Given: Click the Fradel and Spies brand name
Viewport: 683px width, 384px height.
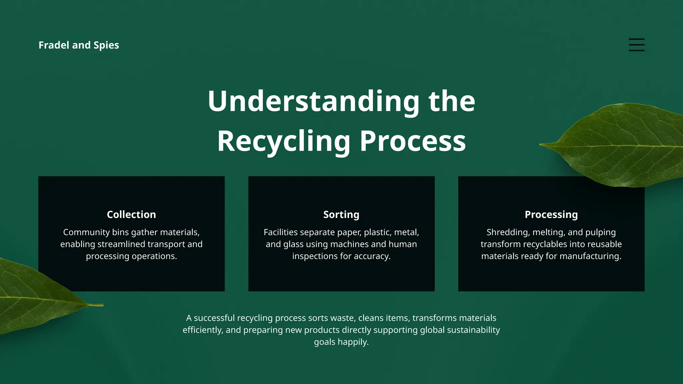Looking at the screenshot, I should (x=79, y=45).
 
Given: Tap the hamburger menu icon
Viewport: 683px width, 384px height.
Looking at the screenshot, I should (x=636, y=45).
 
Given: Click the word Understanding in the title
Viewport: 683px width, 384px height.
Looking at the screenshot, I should (x=313, y=101).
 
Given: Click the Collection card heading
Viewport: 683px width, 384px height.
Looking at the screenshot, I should (x=131, y=214).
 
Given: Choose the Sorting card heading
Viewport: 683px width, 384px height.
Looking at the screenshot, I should (x=341, y=214).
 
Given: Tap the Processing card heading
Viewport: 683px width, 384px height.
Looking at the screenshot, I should (x=551, y=214).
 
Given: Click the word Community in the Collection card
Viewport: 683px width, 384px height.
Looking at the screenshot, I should (x=86, y=232).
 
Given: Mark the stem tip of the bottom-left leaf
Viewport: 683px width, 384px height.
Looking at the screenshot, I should (x=102, y=305).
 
